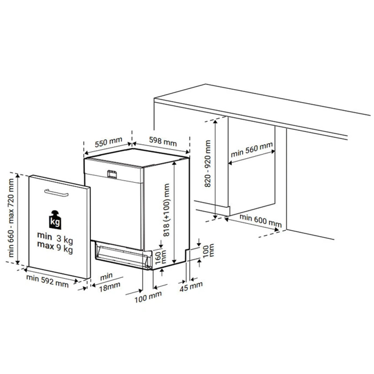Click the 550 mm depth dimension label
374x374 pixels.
tap(108, 142)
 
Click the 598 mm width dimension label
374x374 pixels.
tap(163, 141)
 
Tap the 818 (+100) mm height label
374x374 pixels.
tap(166, 210)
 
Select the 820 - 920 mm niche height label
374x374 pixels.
tap(208, 163)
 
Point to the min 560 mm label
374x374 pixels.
tap(252, 150)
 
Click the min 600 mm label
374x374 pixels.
tap(261, 221)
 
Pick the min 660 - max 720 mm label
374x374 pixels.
tap(11, 218)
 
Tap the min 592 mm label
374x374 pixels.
tap(47, 281)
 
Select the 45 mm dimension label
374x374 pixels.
tap(191, 286)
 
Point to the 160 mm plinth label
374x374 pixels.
tap(161, 256)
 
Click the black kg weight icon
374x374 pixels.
tap(55, 220)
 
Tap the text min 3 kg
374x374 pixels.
tap(55, 238)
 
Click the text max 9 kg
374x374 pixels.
tap(55, 247)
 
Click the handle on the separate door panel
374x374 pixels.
tap(56, 193)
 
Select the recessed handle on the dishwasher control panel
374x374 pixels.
tap(112, 174)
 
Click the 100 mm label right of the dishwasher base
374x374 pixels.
tap(208, 251)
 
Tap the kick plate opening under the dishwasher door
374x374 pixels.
tap(123, 255)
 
